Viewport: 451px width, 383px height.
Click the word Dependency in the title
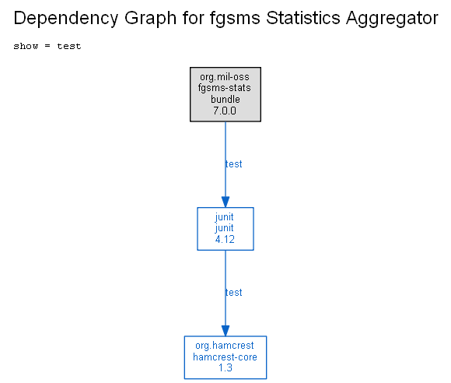click(x=66, y=19)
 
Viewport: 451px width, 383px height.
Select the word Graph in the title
click(x=150, y=19)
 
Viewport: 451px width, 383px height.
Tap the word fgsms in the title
click(x=235, y=18)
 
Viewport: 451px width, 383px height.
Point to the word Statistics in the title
click(x=303, y=18)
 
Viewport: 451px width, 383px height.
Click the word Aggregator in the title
click(x=392, y=19)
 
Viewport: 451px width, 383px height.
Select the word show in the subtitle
click(x=26, y=46)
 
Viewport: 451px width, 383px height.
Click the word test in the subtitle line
click(x=69, y=46)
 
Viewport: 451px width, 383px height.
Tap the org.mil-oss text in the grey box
click(x=225, y=77)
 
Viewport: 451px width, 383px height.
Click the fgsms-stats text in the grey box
click(x=225, y=88)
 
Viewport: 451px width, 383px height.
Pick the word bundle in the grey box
click(x=226, y=99)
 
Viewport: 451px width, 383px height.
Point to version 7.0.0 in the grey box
click(x=225, y=111)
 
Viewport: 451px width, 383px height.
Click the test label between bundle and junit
click(x=233, y=164)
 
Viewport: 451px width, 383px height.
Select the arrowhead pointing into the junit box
click(x=226, y=202)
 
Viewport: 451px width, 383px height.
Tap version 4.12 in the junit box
click(x=225, y=239)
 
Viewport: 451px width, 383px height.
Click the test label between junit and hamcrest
click(x=233, y=293)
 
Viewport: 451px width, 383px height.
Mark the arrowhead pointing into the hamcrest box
click(x=226, y=331)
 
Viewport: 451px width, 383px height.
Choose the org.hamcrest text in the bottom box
click(x=225, y=346)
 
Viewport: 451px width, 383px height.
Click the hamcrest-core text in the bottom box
click(x=225, y=357)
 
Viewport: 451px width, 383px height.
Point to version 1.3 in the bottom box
click(x=226, y=367)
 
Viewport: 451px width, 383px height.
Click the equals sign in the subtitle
click(x=47, y=46)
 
